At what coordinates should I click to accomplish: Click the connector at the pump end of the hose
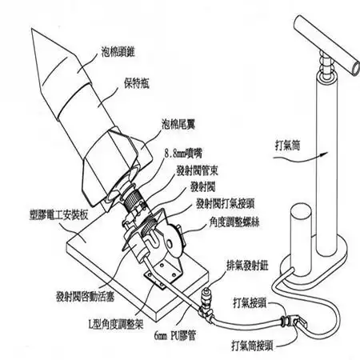[293, 322]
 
